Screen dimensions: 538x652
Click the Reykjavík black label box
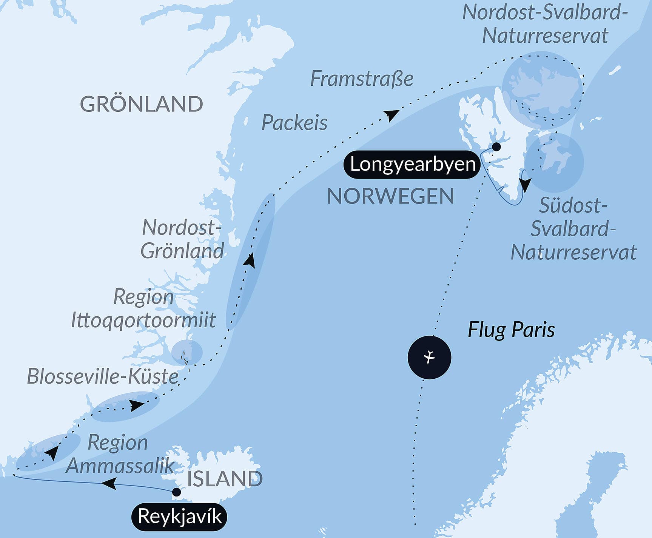click(x=179, y=516)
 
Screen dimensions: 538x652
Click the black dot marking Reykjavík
click(x=176, y=492)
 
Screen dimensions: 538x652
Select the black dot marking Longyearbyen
click(x=496, y=147)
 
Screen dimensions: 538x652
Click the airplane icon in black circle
click(x=429, y=357)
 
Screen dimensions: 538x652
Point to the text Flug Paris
click(x=511, y=330)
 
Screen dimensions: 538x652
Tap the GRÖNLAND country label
click(x=142, y=104)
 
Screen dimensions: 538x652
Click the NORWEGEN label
click(x=390, y=196)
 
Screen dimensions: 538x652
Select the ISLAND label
click(x=225, y=479)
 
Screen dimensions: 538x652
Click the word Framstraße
click(x=362, y=79)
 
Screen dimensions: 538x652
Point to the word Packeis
click(x=294, y=123)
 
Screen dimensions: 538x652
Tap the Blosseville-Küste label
click(x=103, y=376)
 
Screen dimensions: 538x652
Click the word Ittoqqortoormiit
click(x=143, y=320)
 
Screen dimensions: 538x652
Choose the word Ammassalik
click(x=120, y=466)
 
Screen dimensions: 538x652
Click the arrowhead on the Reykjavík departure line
click(x=109, y=483)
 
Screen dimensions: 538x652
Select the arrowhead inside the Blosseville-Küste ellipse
click(x=136, y=406)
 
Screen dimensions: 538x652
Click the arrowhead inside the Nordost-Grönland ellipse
click(x=250, y=261)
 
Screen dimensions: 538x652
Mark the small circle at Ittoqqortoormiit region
click(x=187, y=351)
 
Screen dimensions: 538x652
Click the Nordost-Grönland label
click(x=182, y=239)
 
